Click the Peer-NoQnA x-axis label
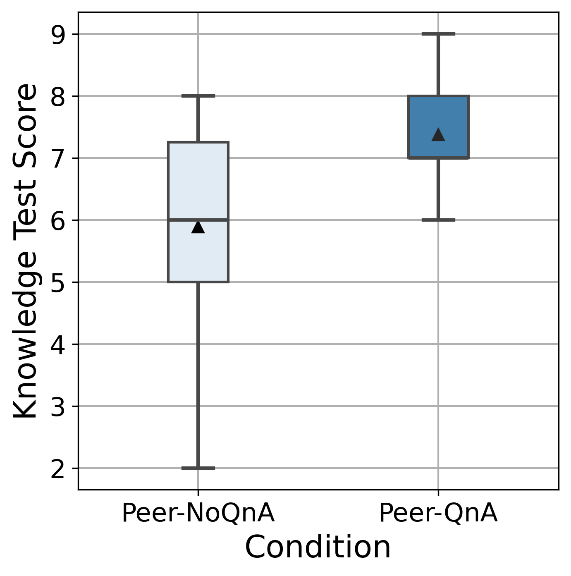point(198,514)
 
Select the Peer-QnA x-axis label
point(438,514)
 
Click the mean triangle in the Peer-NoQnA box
point(198,227)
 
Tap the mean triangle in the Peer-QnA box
point(438,135)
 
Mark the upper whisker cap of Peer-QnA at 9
point(438,34)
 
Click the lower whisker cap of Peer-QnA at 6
point(438,220)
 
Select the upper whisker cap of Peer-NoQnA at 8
point(198,96)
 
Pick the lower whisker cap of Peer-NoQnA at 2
point(198,468)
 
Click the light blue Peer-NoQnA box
point(198,182)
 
